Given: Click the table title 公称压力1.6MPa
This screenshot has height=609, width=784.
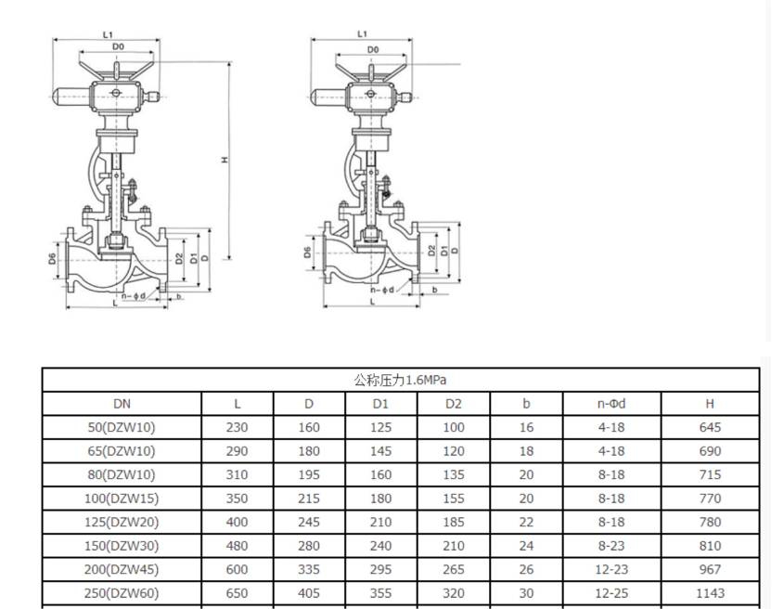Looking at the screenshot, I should [x=400, y=380].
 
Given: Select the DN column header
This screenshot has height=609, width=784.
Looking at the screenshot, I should [x=122, y=404].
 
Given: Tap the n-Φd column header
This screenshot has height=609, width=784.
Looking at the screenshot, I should [x=610, y=404].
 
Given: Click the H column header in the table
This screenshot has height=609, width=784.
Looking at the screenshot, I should [x=710, y=404].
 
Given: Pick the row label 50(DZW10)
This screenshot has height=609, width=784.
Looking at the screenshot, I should [x=122, y=427].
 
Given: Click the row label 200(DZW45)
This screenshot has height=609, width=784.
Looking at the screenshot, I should [x=122, y=569].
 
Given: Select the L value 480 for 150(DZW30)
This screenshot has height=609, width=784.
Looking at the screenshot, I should [x=237, y=546].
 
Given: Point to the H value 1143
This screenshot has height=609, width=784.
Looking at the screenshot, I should [x=710, y=593].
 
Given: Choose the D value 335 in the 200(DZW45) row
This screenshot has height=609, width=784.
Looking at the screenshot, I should [x=309, y=569].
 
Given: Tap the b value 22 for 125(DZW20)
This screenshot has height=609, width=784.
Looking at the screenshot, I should [x=526, y=522].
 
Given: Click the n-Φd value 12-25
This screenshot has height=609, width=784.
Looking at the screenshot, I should [x=610, y=593].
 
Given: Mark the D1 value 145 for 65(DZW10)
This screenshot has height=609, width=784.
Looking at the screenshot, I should [x=380, y=451].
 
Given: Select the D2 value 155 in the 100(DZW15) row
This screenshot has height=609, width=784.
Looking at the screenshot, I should [x=453, y=499].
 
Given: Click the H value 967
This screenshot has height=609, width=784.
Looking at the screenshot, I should [x=710, y=569].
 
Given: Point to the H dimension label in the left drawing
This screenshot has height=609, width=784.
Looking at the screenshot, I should [x=224, y=161].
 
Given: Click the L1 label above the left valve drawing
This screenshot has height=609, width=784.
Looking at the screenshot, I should [x=109, y=34].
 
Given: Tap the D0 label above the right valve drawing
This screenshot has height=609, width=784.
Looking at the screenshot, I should [x=372, y=49].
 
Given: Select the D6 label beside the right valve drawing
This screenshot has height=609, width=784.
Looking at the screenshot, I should [x=307, y=253].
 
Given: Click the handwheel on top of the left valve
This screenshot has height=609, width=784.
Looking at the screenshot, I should [x=116, y=71].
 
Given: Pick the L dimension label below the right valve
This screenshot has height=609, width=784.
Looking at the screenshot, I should [x=372, y=302].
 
